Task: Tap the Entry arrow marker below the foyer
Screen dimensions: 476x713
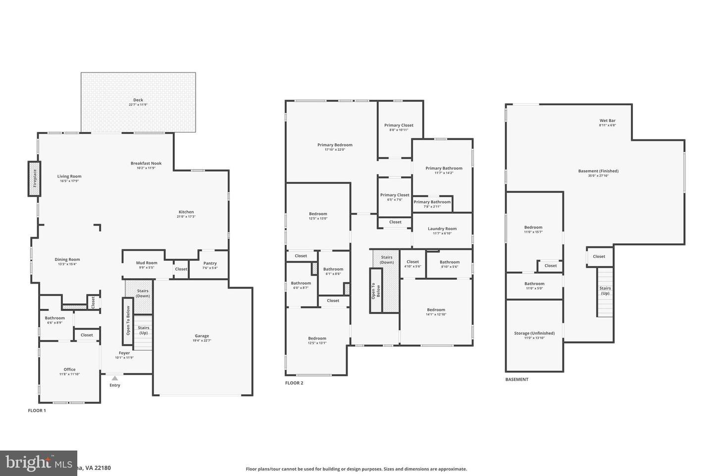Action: [x=115, y=378]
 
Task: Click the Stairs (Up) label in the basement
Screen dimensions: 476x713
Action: [x=605, y=290]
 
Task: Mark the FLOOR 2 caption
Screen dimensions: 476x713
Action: [x=294, y=383]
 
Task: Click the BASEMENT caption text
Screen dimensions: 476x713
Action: [x=517, y=379]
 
